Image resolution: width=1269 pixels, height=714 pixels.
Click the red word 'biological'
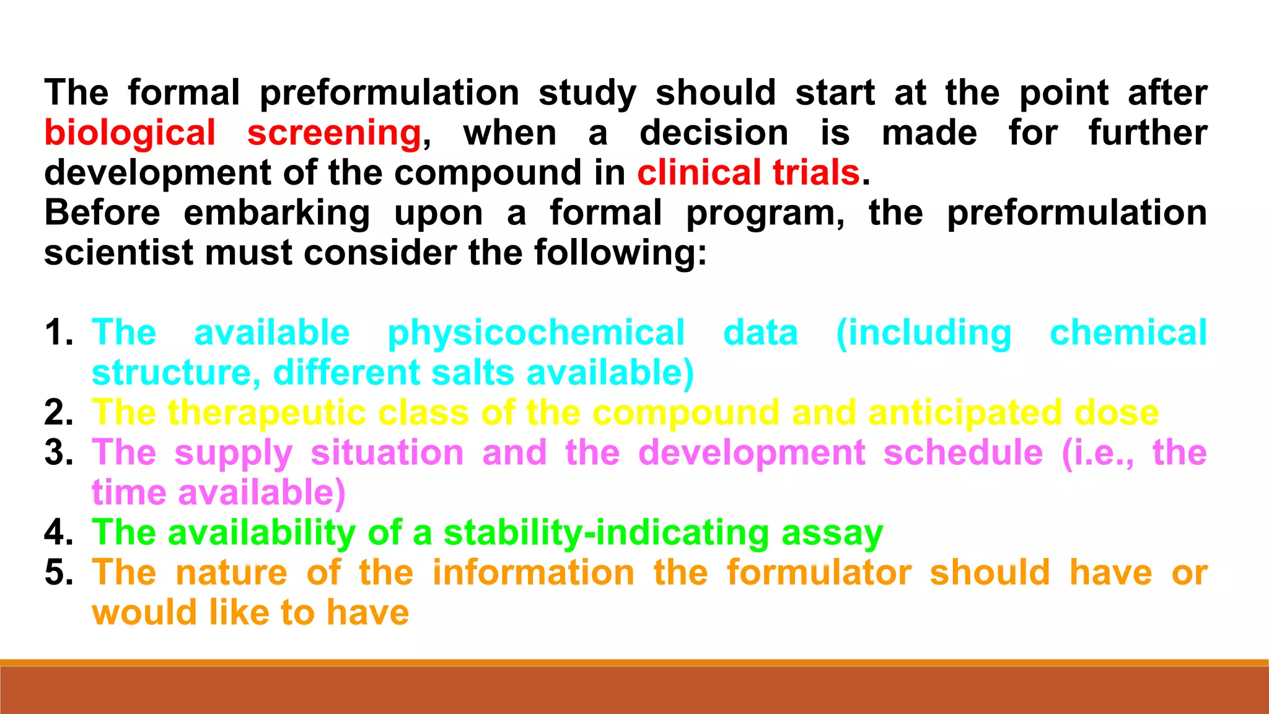[x=130, y=133]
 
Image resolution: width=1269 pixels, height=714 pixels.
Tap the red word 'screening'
[x=334, y=133]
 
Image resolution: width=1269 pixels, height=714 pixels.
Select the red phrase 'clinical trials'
[x=749, y=172]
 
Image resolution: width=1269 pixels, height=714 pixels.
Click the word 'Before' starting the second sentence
[x=102, y=213]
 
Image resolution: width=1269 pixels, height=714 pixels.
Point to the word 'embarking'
[x=277, y=214]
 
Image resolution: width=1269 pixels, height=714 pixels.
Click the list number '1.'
[x=59, y=333]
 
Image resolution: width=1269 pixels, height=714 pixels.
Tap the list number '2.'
[x=59, y=413]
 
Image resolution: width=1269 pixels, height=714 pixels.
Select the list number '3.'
[x=59, y=453]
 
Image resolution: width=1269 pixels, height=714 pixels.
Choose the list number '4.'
[x=59, y=532]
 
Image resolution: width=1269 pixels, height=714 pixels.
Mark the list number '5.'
[x=59, y=573]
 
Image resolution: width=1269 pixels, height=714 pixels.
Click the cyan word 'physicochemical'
[x=536, y=333]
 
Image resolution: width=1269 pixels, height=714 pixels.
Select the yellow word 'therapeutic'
[x=267, y=413]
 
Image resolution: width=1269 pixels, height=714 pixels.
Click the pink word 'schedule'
[x=963, y=453]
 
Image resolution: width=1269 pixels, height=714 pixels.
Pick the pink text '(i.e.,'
[x=1097, y=453]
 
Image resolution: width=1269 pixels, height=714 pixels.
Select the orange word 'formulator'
[x=819, y=573]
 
